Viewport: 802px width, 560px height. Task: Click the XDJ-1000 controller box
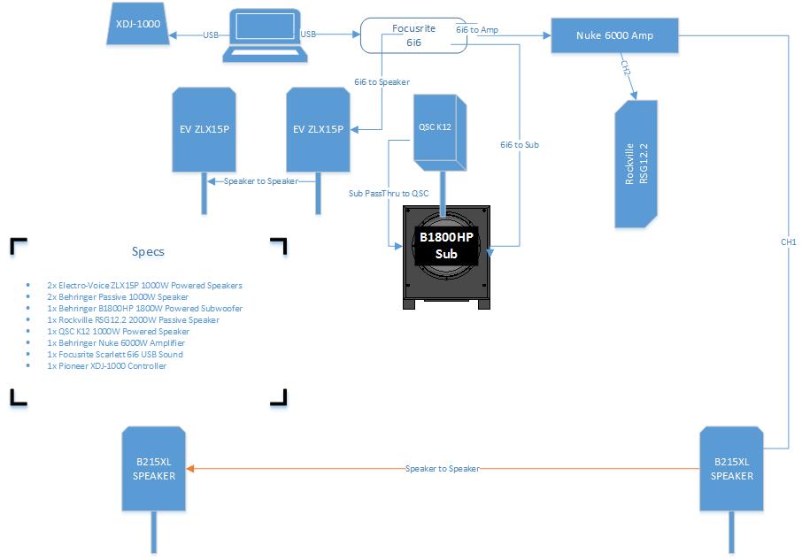pos(138,25)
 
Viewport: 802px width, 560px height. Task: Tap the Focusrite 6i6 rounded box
pos(413,35)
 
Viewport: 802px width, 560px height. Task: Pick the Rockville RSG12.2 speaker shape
pos(636,164)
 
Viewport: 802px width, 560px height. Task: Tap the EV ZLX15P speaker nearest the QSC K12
pos(318,129)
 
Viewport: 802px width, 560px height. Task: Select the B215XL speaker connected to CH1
pos(732,468)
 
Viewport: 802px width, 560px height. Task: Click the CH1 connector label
pos(788,242)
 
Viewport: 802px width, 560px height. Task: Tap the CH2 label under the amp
pos(625,68)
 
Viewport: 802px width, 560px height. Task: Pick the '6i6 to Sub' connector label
pos(519,144)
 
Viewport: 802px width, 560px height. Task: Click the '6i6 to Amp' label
pos(476,29)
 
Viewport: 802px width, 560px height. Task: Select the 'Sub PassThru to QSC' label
pos(389,193)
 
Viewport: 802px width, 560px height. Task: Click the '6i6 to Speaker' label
pos(382,81)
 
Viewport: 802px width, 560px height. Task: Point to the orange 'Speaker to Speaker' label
pos(442,468)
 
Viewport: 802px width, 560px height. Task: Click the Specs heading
pos(148,252)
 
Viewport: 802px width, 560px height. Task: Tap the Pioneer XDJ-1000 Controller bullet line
pos(107,365)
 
